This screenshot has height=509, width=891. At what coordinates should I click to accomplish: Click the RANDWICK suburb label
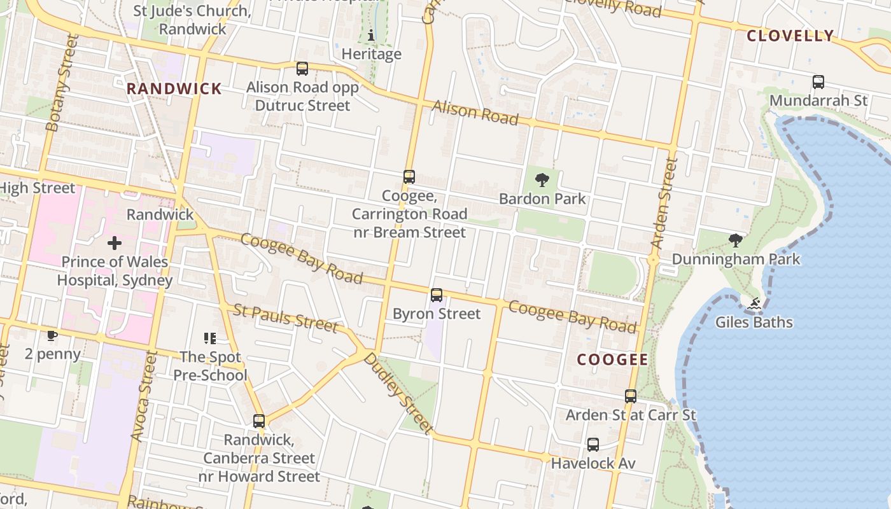click(x=174, y=88)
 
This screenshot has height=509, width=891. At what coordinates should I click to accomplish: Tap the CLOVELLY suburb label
click(x=790, y=36)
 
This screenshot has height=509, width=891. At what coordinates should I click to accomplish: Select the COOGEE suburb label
click(x=612, y=359)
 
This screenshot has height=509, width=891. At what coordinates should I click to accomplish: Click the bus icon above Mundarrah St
click(x=818, y=82)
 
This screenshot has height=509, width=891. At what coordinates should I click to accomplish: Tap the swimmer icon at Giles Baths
click(x=754, y=304)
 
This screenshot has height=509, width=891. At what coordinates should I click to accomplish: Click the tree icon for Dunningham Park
click(x=736, y=241)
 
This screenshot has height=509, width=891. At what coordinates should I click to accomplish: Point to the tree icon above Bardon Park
click(x=542, y=180)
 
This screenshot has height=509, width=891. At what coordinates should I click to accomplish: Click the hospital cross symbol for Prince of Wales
click(x=115, y=243)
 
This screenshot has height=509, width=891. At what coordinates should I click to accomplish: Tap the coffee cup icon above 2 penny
click(x=52, y=335)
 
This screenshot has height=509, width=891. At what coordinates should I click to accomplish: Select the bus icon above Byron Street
click(x=436, y=295)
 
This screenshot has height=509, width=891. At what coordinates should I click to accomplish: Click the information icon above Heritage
click(x=372, y=35)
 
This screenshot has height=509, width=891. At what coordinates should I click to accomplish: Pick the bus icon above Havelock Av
click(x=593, y=445)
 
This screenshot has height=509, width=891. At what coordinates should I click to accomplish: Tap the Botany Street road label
click(x=62, y=83)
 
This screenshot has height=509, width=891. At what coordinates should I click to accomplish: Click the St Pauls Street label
click(x=285, y=317)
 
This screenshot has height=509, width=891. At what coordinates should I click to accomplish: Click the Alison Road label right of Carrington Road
click(x=475, y=113)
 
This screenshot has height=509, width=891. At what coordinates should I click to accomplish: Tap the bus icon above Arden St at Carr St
click(x=630, y=396)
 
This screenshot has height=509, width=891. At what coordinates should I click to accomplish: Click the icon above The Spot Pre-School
click(x=209, y=338)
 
